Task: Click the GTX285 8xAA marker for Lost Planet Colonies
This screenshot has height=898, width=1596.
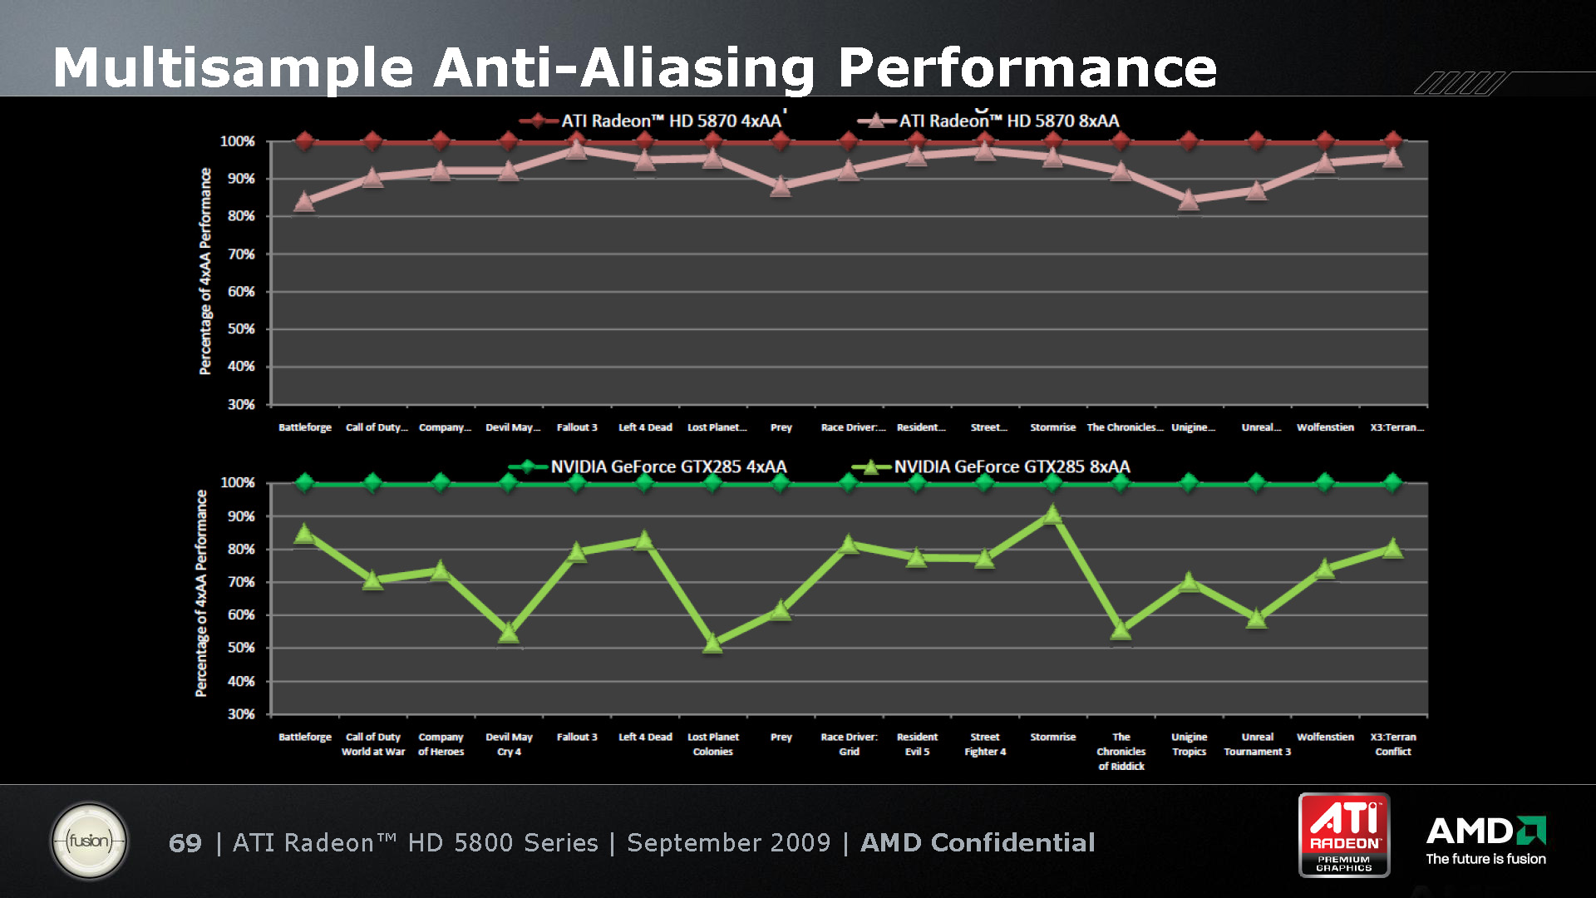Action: pos(712,643)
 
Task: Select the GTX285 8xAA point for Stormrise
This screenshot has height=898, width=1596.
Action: pos(1052,515)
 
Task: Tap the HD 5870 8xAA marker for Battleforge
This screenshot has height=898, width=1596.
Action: pos(304,202)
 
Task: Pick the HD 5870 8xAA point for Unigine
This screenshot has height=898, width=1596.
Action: pos(1189,200)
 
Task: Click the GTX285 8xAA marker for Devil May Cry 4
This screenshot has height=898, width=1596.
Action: pos(509,634)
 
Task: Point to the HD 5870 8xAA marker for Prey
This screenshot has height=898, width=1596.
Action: pos(781,186)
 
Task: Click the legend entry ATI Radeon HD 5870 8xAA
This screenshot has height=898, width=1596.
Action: pos(989,121)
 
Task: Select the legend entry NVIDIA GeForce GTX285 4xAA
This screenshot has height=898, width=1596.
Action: pos(648,467)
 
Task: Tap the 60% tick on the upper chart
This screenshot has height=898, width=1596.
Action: pos(241,292)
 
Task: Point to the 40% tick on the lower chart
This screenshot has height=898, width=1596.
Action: pos(241,681)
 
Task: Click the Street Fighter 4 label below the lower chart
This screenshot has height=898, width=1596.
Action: pos(985,744)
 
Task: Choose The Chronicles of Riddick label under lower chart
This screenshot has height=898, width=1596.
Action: pos(1121,751)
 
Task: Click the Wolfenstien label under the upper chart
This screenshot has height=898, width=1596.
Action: pos(1325,427)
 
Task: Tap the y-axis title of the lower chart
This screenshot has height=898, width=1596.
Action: pos(201,593)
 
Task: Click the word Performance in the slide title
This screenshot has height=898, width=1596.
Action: pos(1027,67)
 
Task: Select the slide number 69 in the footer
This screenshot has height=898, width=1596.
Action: pos(185,843)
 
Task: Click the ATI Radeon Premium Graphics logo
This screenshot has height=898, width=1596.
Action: pos(1344,835)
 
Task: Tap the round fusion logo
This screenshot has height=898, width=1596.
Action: pos(89,841)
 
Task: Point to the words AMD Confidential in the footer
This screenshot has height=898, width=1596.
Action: pos(978,843)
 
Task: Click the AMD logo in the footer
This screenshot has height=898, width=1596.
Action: pos(1485,831)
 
